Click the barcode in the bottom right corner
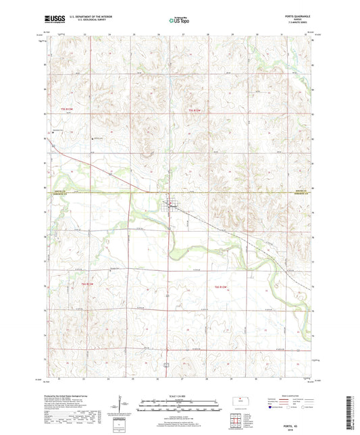pyautogui.click(x=351, y=413)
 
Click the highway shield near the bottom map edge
pyautogui.click(x=166, y=363)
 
